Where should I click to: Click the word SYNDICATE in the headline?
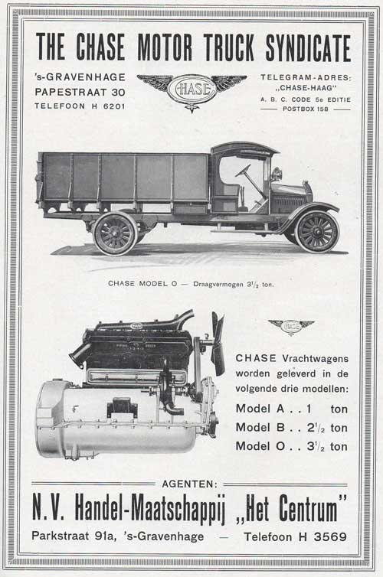(307, 47)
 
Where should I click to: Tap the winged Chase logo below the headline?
(191, 90)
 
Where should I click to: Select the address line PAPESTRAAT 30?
(80, 92)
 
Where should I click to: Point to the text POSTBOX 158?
(306, 109)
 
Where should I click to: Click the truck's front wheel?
(316, 232)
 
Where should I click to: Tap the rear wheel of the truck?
(115, 233)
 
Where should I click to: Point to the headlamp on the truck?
(277, 173)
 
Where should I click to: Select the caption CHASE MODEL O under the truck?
(142, 284)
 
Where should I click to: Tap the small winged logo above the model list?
(291, 327)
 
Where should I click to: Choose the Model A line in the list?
(292, 409)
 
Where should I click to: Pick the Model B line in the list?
(292, 427)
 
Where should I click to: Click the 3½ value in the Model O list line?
(316, 446)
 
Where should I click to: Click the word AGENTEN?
(190, 484)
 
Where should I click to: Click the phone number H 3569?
(323, 537)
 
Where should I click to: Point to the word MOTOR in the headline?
(165, 47)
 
